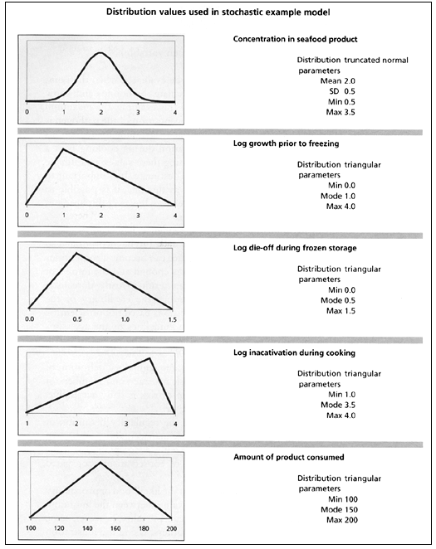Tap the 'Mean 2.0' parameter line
point(338,81)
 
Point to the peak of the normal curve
point(100,53)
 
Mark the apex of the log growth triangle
point(63,149)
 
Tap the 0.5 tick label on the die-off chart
point(77,318)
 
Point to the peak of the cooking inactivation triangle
point(150,358)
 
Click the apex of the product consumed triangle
point(100,463)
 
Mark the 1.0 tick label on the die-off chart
point(125,318)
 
